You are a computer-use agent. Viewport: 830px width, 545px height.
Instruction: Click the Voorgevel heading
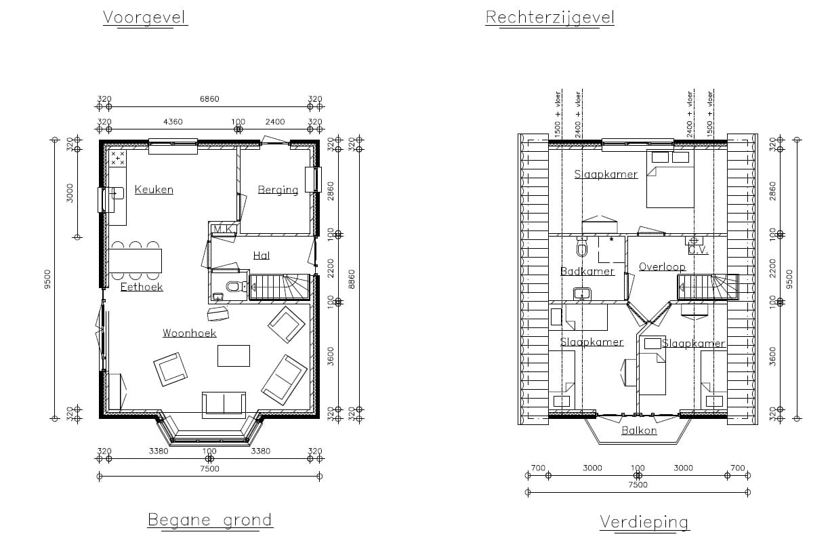pyautogui.click(x=145, y=17)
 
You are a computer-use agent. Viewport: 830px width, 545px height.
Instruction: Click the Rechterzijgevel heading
pyautogui.click(x=549, y=17)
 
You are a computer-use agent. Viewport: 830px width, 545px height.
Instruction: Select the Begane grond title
pyautogui.click(x=209, y=521)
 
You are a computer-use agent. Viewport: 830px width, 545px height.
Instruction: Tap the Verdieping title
pyautogui.click(x=644, y=522)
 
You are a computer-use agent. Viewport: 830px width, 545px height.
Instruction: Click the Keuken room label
pyautogui.click(x=154, y=190)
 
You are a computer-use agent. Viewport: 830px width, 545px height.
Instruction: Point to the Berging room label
pyautogui.click(x=278, y=190)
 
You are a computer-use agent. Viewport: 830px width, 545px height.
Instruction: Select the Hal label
pyautogui.click(x=262, y=256)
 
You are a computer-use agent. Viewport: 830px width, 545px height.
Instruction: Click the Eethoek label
pyautogui.click(x=142, y=287)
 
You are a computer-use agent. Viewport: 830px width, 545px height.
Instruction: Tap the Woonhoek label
pyautogui.click(x=189, y=333)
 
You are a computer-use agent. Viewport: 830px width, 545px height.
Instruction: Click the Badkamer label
pyautogui.click(x=587, y=272)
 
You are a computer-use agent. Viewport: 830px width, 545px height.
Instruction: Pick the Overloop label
pyautogui.click(x=662, y=266)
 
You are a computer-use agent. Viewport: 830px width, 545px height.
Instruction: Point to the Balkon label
pyautogui.click(x=639, y=430)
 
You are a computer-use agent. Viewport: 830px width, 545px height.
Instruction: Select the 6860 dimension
pyautogui.click(x=209, y=99)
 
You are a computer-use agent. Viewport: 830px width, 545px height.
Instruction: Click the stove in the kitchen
pyautogui.click(x=118, y=159)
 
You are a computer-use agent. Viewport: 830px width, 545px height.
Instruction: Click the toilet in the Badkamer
pyautogui.click(x=582, y=249)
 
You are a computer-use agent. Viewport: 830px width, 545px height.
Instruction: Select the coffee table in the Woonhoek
pyautogui.click(x=233, y=356)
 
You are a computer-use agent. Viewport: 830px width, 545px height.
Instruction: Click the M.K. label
pyautogui.click(x=224, y=230)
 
